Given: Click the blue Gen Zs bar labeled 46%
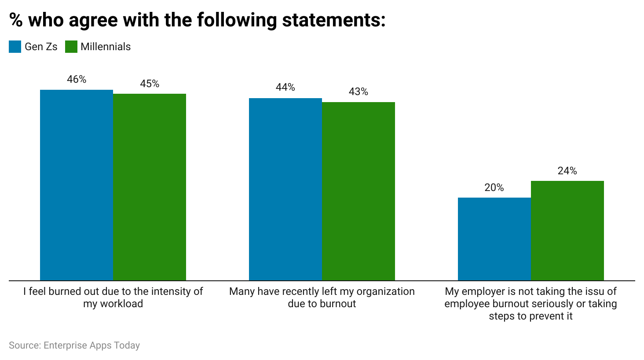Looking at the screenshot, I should pyautogui.click(x=77, y=185).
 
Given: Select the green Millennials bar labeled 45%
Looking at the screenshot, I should pyautogui.click(x=150, y=187).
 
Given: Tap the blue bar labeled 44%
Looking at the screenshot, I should pyautogui.click(x=285, y=189).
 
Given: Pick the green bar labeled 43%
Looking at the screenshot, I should pyautogui.click(x=359, y=191).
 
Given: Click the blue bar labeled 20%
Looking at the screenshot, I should pyautogui.click(x=494, y=239).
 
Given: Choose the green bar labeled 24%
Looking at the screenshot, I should pyautogui.click(x=567, y=231).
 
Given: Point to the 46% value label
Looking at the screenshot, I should pyautogui.click(x=77, y=79).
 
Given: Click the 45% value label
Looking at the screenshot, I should pyautogui.click(x=150, y=84).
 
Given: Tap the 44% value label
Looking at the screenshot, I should pyautogui.click(x=285, y=87).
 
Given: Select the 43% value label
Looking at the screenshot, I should pyautogui.click(x=359, y=92).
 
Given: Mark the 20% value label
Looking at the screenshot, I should pyautogui.click(x=494, y=187).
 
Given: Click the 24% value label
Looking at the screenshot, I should pyautogui.click(x=567, y=171).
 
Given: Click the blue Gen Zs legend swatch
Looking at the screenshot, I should pyautogui.click(x=15, y=47).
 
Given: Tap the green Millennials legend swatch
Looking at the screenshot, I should pyautogui.click(x=71, y=47).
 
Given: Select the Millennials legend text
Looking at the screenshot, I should pyautogui.click(x=106, y=47).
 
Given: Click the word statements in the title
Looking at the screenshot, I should pyautogui.click(x=333, y=20).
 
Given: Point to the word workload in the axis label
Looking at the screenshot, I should pyautogui.click(x=121, y=304).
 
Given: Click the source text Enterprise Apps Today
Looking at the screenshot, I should pyautogui.click(x=91, y=345).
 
